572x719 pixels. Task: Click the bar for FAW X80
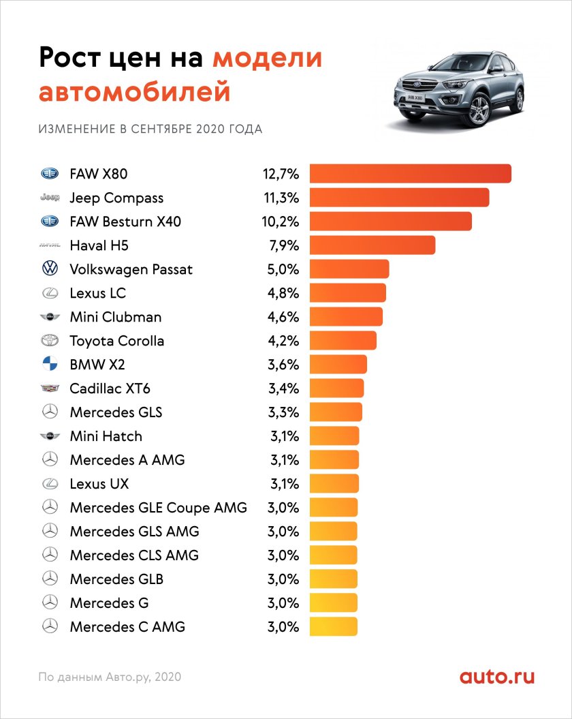coord(410,174)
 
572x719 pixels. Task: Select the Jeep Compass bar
coord(399,198)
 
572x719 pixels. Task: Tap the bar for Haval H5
coord(372,245)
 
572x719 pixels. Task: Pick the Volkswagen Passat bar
coord(349,269)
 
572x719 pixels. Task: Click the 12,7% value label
coord(281,174)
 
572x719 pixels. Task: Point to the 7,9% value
coord(283,245)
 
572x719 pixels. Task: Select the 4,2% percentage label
coord(283,341)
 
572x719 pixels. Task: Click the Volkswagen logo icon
coord(50,269)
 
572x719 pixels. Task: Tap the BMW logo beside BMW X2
coord(50,365)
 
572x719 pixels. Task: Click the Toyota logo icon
coord(50,341)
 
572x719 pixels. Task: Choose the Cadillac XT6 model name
coord(110,388)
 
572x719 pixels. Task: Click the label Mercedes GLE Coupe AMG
coord(158,508)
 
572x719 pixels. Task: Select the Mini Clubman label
coord(115,317)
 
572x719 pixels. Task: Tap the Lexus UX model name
coord(99,484)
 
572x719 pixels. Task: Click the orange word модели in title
coord(267,59)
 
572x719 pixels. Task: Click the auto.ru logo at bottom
coord(496,677)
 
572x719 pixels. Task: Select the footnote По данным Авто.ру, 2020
coord(110,677)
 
